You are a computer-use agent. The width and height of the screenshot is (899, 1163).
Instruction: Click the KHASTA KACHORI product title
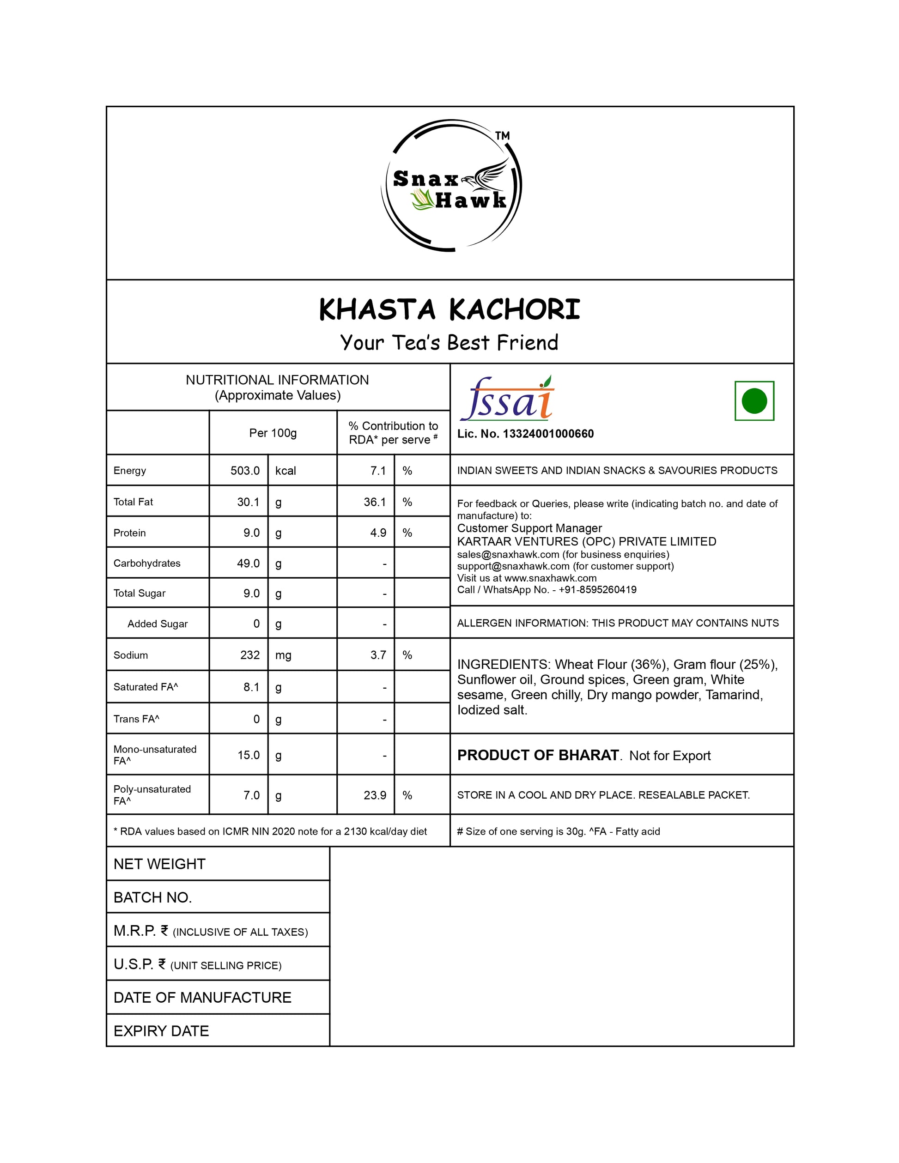pyautogui.click(x=449, y=310)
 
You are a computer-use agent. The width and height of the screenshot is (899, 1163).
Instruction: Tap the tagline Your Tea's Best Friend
pyautogui.click(x=449, y=342)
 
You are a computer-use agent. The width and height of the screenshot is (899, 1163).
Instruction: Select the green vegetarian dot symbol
pyautogui.click(x=753, y=401)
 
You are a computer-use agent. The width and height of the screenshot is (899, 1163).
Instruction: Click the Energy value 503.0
pyautogui.click(x=245, y=471)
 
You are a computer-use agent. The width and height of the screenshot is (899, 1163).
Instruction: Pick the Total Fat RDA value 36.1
pyautogui.click(x=375, y=502)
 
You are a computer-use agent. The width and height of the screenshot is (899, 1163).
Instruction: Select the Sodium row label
pyautogui.click(x=130, y=655)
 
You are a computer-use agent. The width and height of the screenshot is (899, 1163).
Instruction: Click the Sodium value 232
pyautogui.click(x=250, y=655)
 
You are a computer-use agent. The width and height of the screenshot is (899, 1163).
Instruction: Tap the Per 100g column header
pyautogui.click(x=273, y=433)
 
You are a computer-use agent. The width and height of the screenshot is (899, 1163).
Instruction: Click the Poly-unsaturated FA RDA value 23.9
pyautogui.click(x=375, y=795)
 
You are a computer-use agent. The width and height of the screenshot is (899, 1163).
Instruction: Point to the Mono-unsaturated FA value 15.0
pyautogui.click(x=249, y=755)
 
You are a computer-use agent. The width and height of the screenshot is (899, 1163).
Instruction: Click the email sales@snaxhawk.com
pyautogui.click(x=508, y=554)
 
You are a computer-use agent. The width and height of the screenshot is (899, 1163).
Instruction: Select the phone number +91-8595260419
pyautogui.click(x=597, y=589)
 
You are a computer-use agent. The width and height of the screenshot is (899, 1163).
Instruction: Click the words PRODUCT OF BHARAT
pyautogui.click(x=538, y=755)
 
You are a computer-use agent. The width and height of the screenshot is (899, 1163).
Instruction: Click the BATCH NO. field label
pyautogui.click(x=152, y=897)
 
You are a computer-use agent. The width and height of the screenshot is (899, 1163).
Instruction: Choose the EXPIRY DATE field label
pyautogui.click(x=161, y=1031)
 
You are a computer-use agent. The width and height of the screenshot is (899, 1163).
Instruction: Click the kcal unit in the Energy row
pyautogui.click(x=285, y=471)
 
